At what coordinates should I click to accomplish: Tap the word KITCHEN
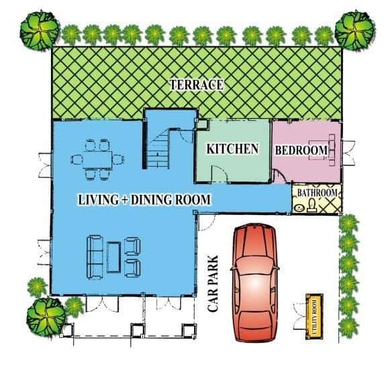pyautogui.click(x=232, y=149)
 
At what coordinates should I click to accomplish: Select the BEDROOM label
pyautogui.click(x=302, y=149)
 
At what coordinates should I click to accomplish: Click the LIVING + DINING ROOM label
pyautogui.click(x=145, y=200)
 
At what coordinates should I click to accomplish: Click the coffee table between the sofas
pyautogui.click(x=113, y=257)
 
